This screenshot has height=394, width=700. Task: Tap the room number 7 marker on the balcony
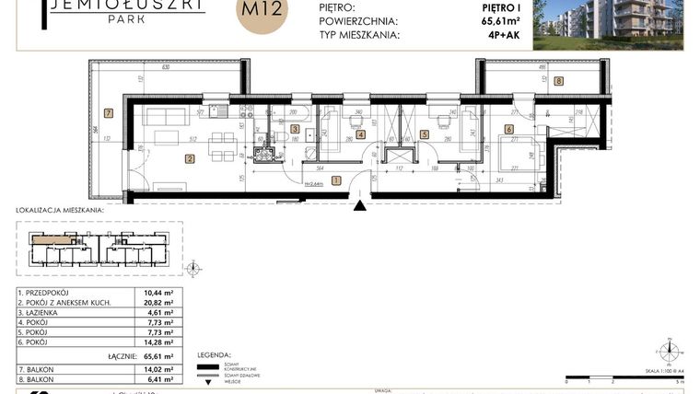(108, 114)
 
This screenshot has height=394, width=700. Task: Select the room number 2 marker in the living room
(189, 159)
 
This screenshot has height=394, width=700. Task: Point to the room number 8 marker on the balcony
(559, 81)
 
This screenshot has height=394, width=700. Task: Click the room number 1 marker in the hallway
(336, 180)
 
